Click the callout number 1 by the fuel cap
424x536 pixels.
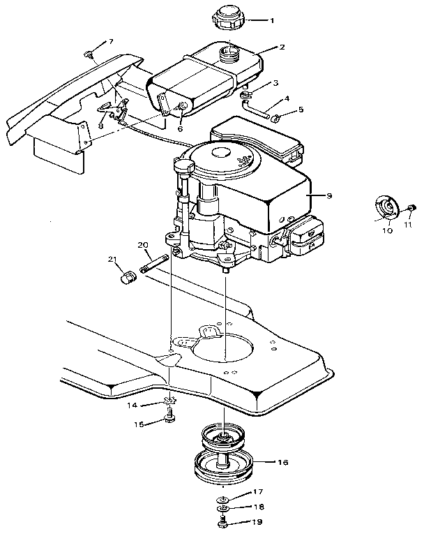[x=271, y=20]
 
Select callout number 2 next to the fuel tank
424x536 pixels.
[x=282, y=48]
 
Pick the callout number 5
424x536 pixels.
[x=301, y=110]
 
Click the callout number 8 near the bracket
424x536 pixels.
[x=100, y=126]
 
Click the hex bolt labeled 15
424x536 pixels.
[x=169, y=418]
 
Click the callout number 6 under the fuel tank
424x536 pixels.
[x=179, y=129]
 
